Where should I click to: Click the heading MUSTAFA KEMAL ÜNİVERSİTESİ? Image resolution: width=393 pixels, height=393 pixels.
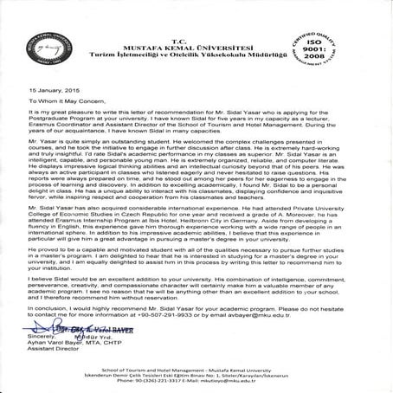196,30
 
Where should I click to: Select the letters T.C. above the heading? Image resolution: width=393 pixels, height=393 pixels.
196,22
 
